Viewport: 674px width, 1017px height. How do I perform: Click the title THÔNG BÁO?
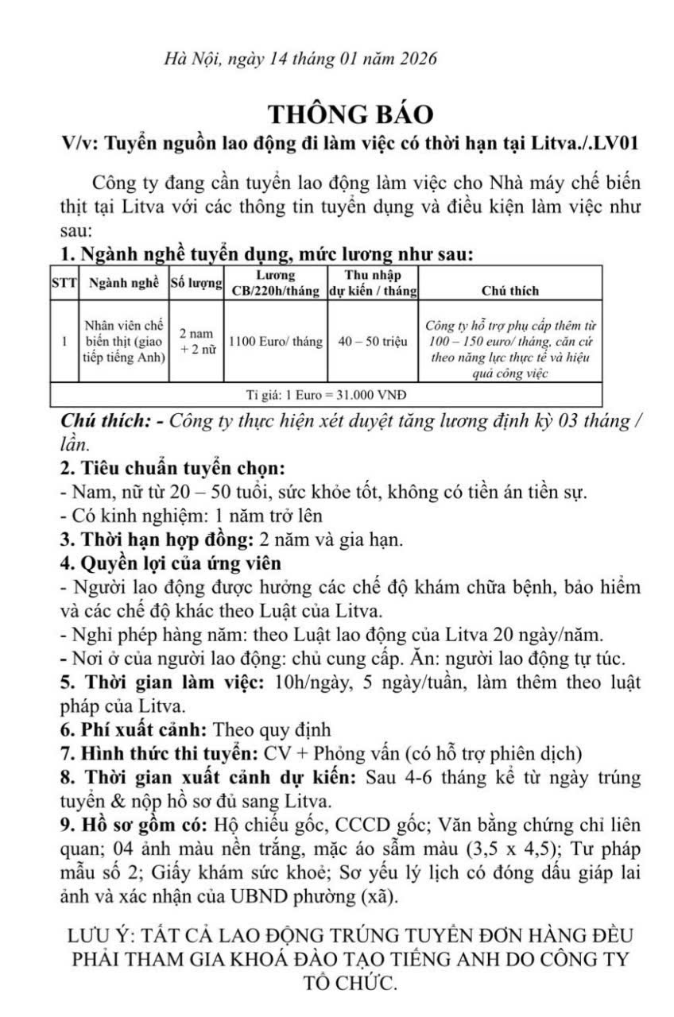click(x=351, y=114)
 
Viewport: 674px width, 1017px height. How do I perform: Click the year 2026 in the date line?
click(x=413, y=58)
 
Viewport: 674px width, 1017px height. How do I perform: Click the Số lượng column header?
click(x=196, y=284)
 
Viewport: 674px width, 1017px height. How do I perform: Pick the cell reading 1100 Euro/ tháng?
click(x=276, y=342)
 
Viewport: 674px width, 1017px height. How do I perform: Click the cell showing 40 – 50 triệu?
click(x=373, y=342)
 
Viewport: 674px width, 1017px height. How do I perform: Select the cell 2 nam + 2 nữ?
click(x=196, y=342)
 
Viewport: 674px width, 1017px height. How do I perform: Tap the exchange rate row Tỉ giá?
click(x=329, y=394)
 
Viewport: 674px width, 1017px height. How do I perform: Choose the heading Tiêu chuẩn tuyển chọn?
click(x=179, y=468)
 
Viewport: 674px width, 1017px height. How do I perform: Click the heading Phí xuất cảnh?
click(x=142, y=729)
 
